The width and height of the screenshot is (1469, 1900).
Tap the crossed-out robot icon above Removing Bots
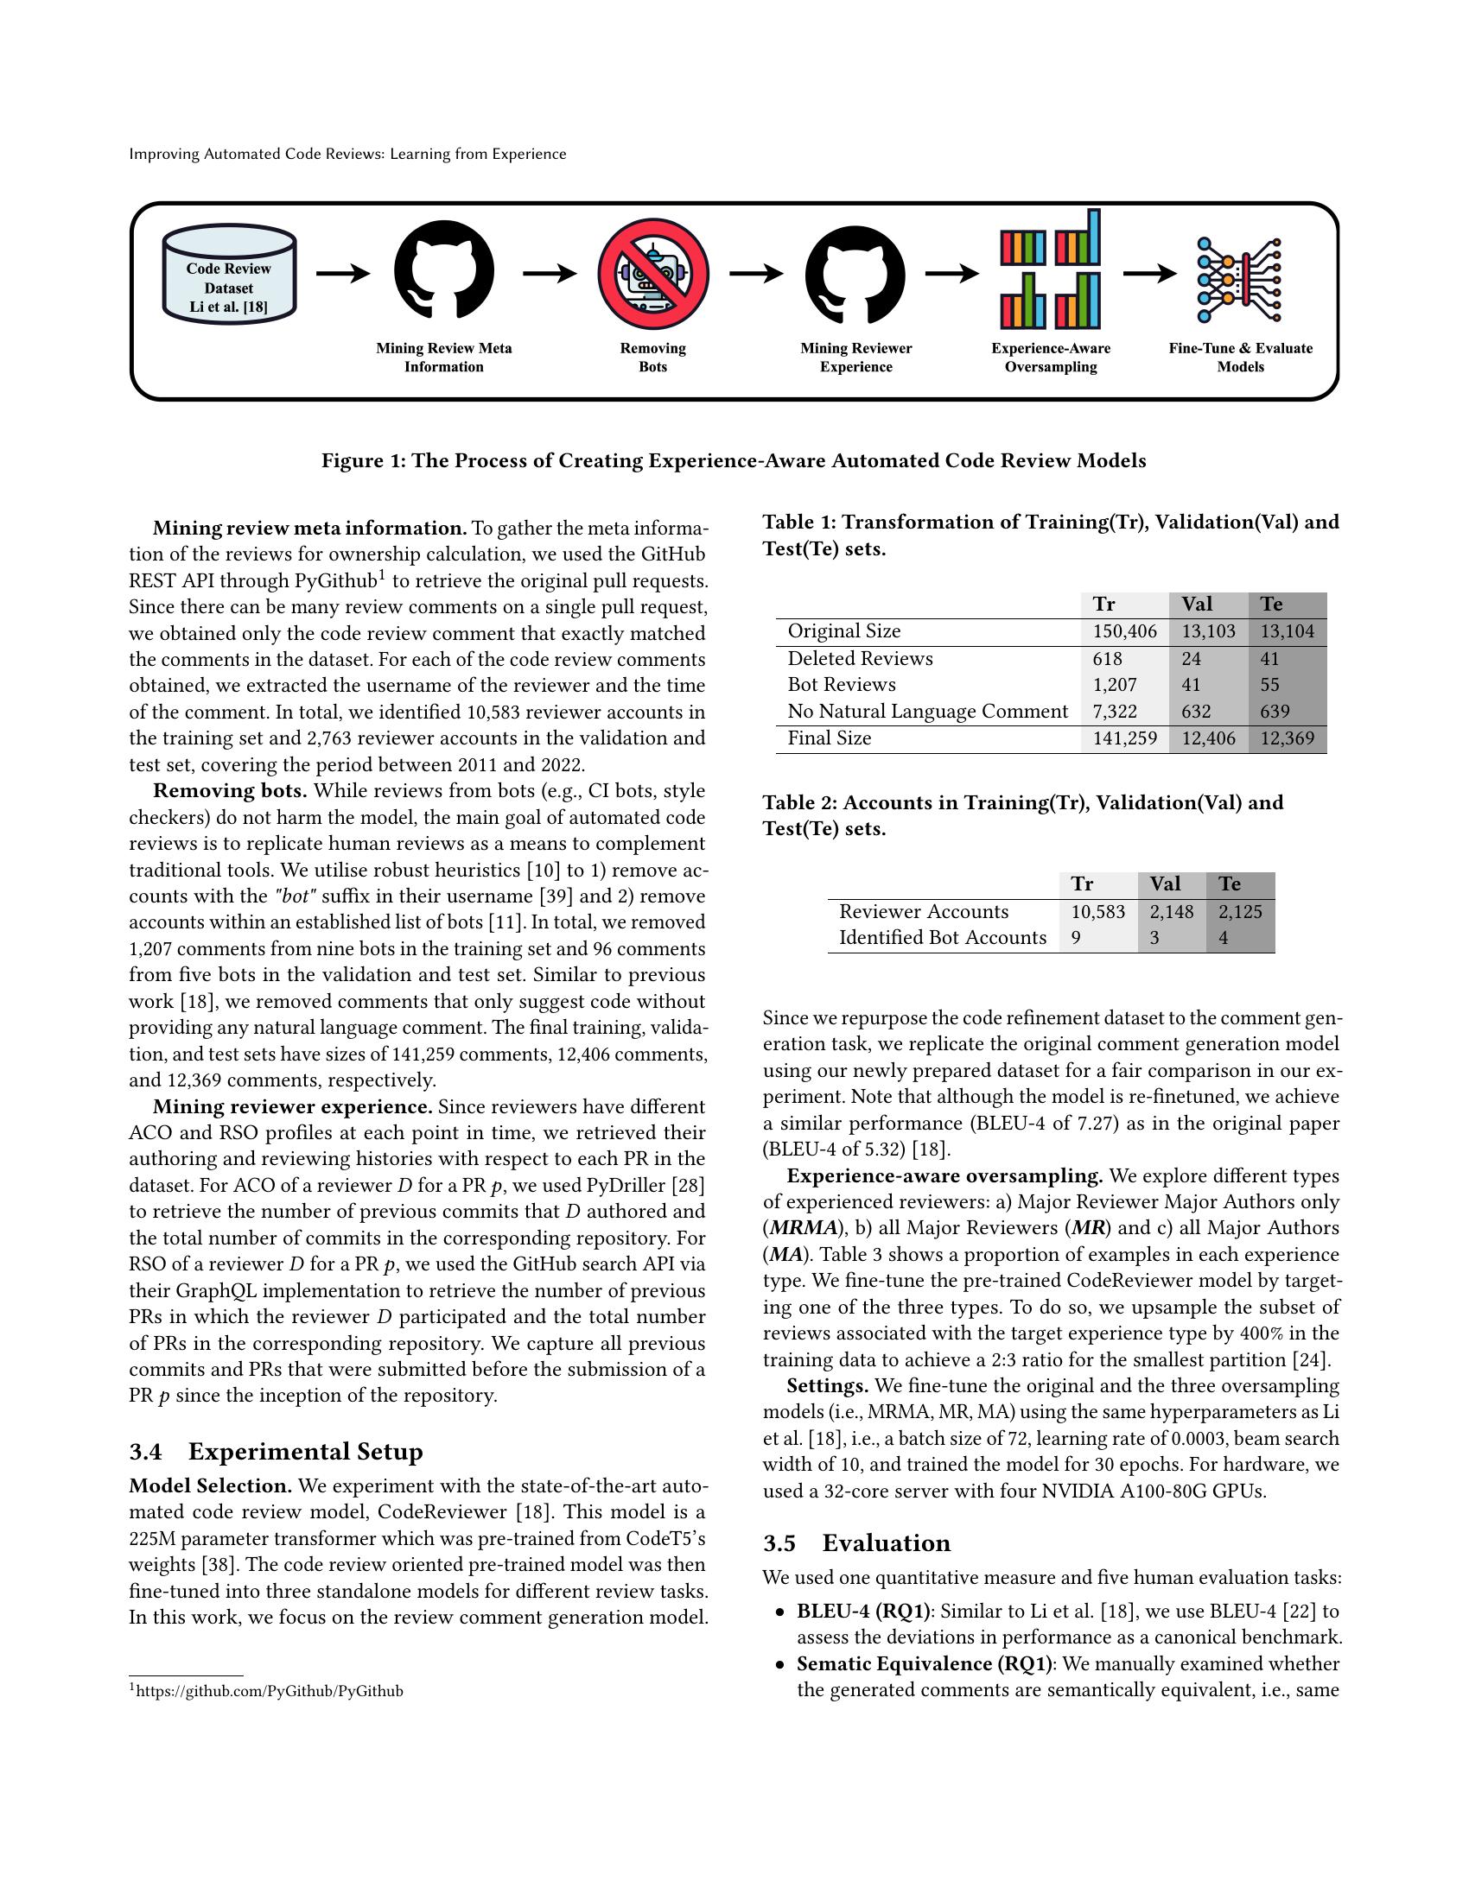(652, 273)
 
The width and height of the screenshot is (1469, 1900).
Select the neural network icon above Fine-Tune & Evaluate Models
(1239, 280)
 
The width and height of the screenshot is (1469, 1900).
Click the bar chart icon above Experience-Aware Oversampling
(1051, 269)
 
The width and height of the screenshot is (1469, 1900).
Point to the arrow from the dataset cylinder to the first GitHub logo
(343, 274)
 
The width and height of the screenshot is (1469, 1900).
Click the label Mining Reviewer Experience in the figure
(855, 358)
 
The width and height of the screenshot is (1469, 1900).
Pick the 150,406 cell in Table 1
(1124, 631)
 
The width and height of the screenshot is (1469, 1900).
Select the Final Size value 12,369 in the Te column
(1287, 738)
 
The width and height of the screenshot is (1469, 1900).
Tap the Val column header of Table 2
(1165, 883)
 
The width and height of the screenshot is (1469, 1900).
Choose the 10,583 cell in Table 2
(1097, 912)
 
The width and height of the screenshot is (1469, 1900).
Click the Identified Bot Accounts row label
(942, 938)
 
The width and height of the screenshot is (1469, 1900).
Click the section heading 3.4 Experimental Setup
(276, 1452)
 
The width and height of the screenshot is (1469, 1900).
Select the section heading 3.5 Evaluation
(856, 1543)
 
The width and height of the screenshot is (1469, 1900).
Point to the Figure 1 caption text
(733, 461)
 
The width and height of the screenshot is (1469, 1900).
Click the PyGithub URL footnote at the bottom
(269, 1691)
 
